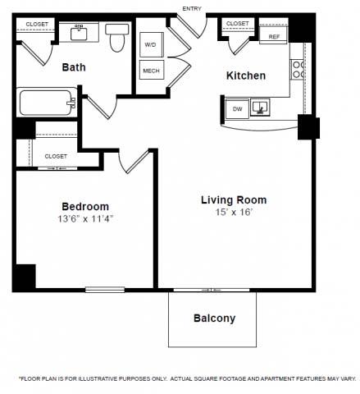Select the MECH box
[x=151, y=71]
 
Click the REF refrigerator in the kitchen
[x=274, y=37]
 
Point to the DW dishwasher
[x=237, y=108]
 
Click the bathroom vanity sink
[x=80, y=32]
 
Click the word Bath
[x=75, y=69]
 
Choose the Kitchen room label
[x=246, y=76]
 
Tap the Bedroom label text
[x=84, y=206]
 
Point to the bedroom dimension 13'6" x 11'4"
[x=84, y=219]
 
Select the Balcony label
[x=214, y=318]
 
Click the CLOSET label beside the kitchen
[x=237, y=24]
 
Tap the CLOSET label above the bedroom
[x=56, y=156]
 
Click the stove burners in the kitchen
[x=298, y=74]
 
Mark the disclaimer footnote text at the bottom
[x=187, y=378]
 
